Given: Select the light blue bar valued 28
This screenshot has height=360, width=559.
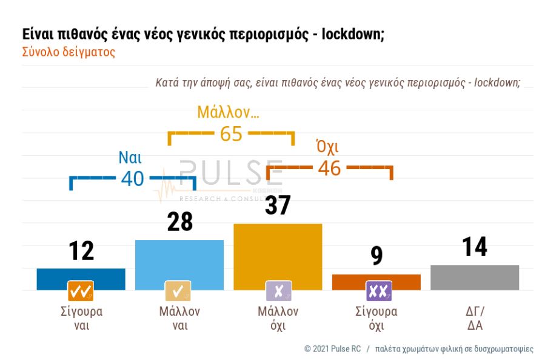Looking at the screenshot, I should [179, 261].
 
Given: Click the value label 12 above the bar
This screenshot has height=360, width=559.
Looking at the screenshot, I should [81, 250].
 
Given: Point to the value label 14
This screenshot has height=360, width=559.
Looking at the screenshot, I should [474, 247].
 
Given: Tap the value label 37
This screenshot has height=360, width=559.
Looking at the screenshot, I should [278, 206].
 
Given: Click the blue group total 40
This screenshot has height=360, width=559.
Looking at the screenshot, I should [133, 178].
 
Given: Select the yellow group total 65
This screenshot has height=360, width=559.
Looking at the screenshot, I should [231, 134].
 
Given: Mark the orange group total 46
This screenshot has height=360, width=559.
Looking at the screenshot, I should [329, 168].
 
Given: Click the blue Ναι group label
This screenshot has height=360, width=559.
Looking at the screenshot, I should [130, 158].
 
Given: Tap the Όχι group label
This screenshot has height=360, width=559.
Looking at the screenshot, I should [327, 147].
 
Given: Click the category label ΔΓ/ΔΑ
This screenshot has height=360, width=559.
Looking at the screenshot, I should [474, 319].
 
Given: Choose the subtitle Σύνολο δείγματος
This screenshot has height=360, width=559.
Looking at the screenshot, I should [69, 52].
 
